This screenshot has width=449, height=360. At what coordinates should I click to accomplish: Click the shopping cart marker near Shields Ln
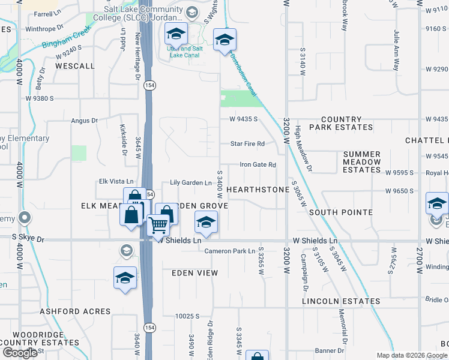pyautogui.click(x=158, y=226)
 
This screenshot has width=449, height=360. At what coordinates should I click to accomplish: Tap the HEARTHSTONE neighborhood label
pyautogui.click(x=258, y=189)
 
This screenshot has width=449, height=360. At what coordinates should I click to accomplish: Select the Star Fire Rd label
pyautogui.click(x=248, y=144)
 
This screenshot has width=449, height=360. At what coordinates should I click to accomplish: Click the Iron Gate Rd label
pyautogui.click(x=258, y=164)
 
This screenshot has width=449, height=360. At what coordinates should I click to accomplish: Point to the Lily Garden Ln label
pyautogui.click(x=191, y=182)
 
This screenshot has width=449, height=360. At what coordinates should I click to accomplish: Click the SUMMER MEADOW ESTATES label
pyautogui.click(x=362, y=162)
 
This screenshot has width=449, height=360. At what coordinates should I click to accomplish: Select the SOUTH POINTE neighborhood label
pyautogui.click(x=337, y=212)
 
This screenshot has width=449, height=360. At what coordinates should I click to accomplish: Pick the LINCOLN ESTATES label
pyautogui.click(x=341, y=301)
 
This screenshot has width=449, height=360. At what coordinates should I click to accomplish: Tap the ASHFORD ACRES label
pyautogui.click(x=75, y=311)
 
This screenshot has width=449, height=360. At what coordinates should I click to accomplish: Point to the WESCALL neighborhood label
pyautogui.click(x=75, y=65)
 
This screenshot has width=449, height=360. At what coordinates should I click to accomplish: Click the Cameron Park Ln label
pyautogui.click(x=230, y=251)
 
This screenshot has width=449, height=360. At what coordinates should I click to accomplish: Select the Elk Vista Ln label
pyautogui.click(x=116, y=182)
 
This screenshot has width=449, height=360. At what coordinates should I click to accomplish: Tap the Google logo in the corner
pyautogui.click(x=19, y=353)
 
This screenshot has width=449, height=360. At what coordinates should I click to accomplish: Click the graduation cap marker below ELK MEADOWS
pyautogui.click(x=125, y=278)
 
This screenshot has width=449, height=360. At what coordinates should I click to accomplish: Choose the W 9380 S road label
pyautogui.click(x=40, y=98)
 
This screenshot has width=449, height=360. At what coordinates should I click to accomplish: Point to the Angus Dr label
pyautogui.click(x=84, y=121)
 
